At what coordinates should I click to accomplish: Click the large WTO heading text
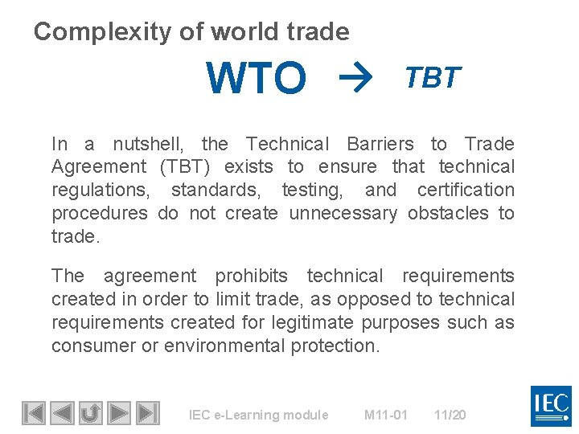pos(257,79)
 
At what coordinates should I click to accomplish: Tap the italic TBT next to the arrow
pos(433,77)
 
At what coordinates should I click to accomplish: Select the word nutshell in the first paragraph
pos(148,144)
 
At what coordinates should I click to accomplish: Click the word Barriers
pos(380,144)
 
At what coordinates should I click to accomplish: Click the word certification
pos(466,190)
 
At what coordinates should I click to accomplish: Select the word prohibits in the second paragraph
pos(251,276)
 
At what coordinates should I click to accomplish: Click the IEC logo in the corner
pos(551,406)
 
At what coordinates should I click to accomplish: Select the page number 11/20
pos(450,415)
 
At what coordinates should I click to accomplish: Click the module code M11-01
pos(386,415)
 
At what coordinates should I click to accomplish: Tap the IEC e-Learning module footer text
pos(258,415)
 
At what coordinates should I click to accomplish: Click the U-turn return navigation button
pos(90,413)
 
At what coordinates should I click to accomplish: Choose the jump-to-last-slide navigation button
pos(146,413)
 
